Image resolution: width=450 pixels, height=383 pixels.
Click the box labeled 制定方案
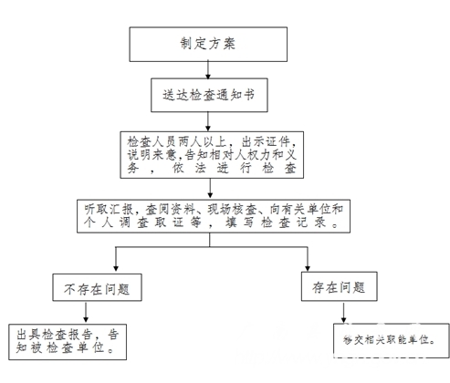[208, 45]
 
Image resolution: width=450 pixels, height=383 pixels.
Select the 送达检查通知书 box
[209, 95]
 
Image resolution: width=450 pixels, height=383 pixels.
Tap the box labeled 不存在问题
[97, 287]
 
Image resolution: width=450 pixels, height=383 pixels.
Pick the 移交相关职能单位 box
[392, 340]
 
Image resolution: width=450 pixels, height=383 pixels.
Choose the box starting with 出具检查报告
[68, 342]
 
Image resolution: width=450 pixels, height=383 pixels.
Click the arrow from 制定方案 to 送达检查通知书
[208, 70]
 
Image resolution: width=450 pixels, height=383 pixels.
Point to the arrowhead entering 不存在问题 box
[116, 268]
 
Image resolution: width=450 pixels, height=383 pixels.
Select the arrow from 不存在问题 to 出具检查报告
[86, 313]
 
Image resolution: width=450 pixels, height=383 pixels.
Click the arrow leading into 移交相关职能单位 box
[343, 312]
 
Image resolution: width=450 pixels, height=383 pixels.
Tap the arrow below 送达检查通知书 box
[208, 121]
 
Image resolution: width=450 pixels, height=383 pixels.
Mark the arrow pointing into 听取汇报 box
[210, 189]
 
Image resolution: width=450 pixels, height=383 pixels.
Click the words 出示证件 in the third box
[267, 142]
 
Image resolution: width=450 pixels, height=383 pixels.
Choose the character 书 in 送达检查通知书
[249, 95]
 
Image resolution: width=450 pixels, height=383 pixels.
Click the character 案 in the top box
[229, 44]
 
